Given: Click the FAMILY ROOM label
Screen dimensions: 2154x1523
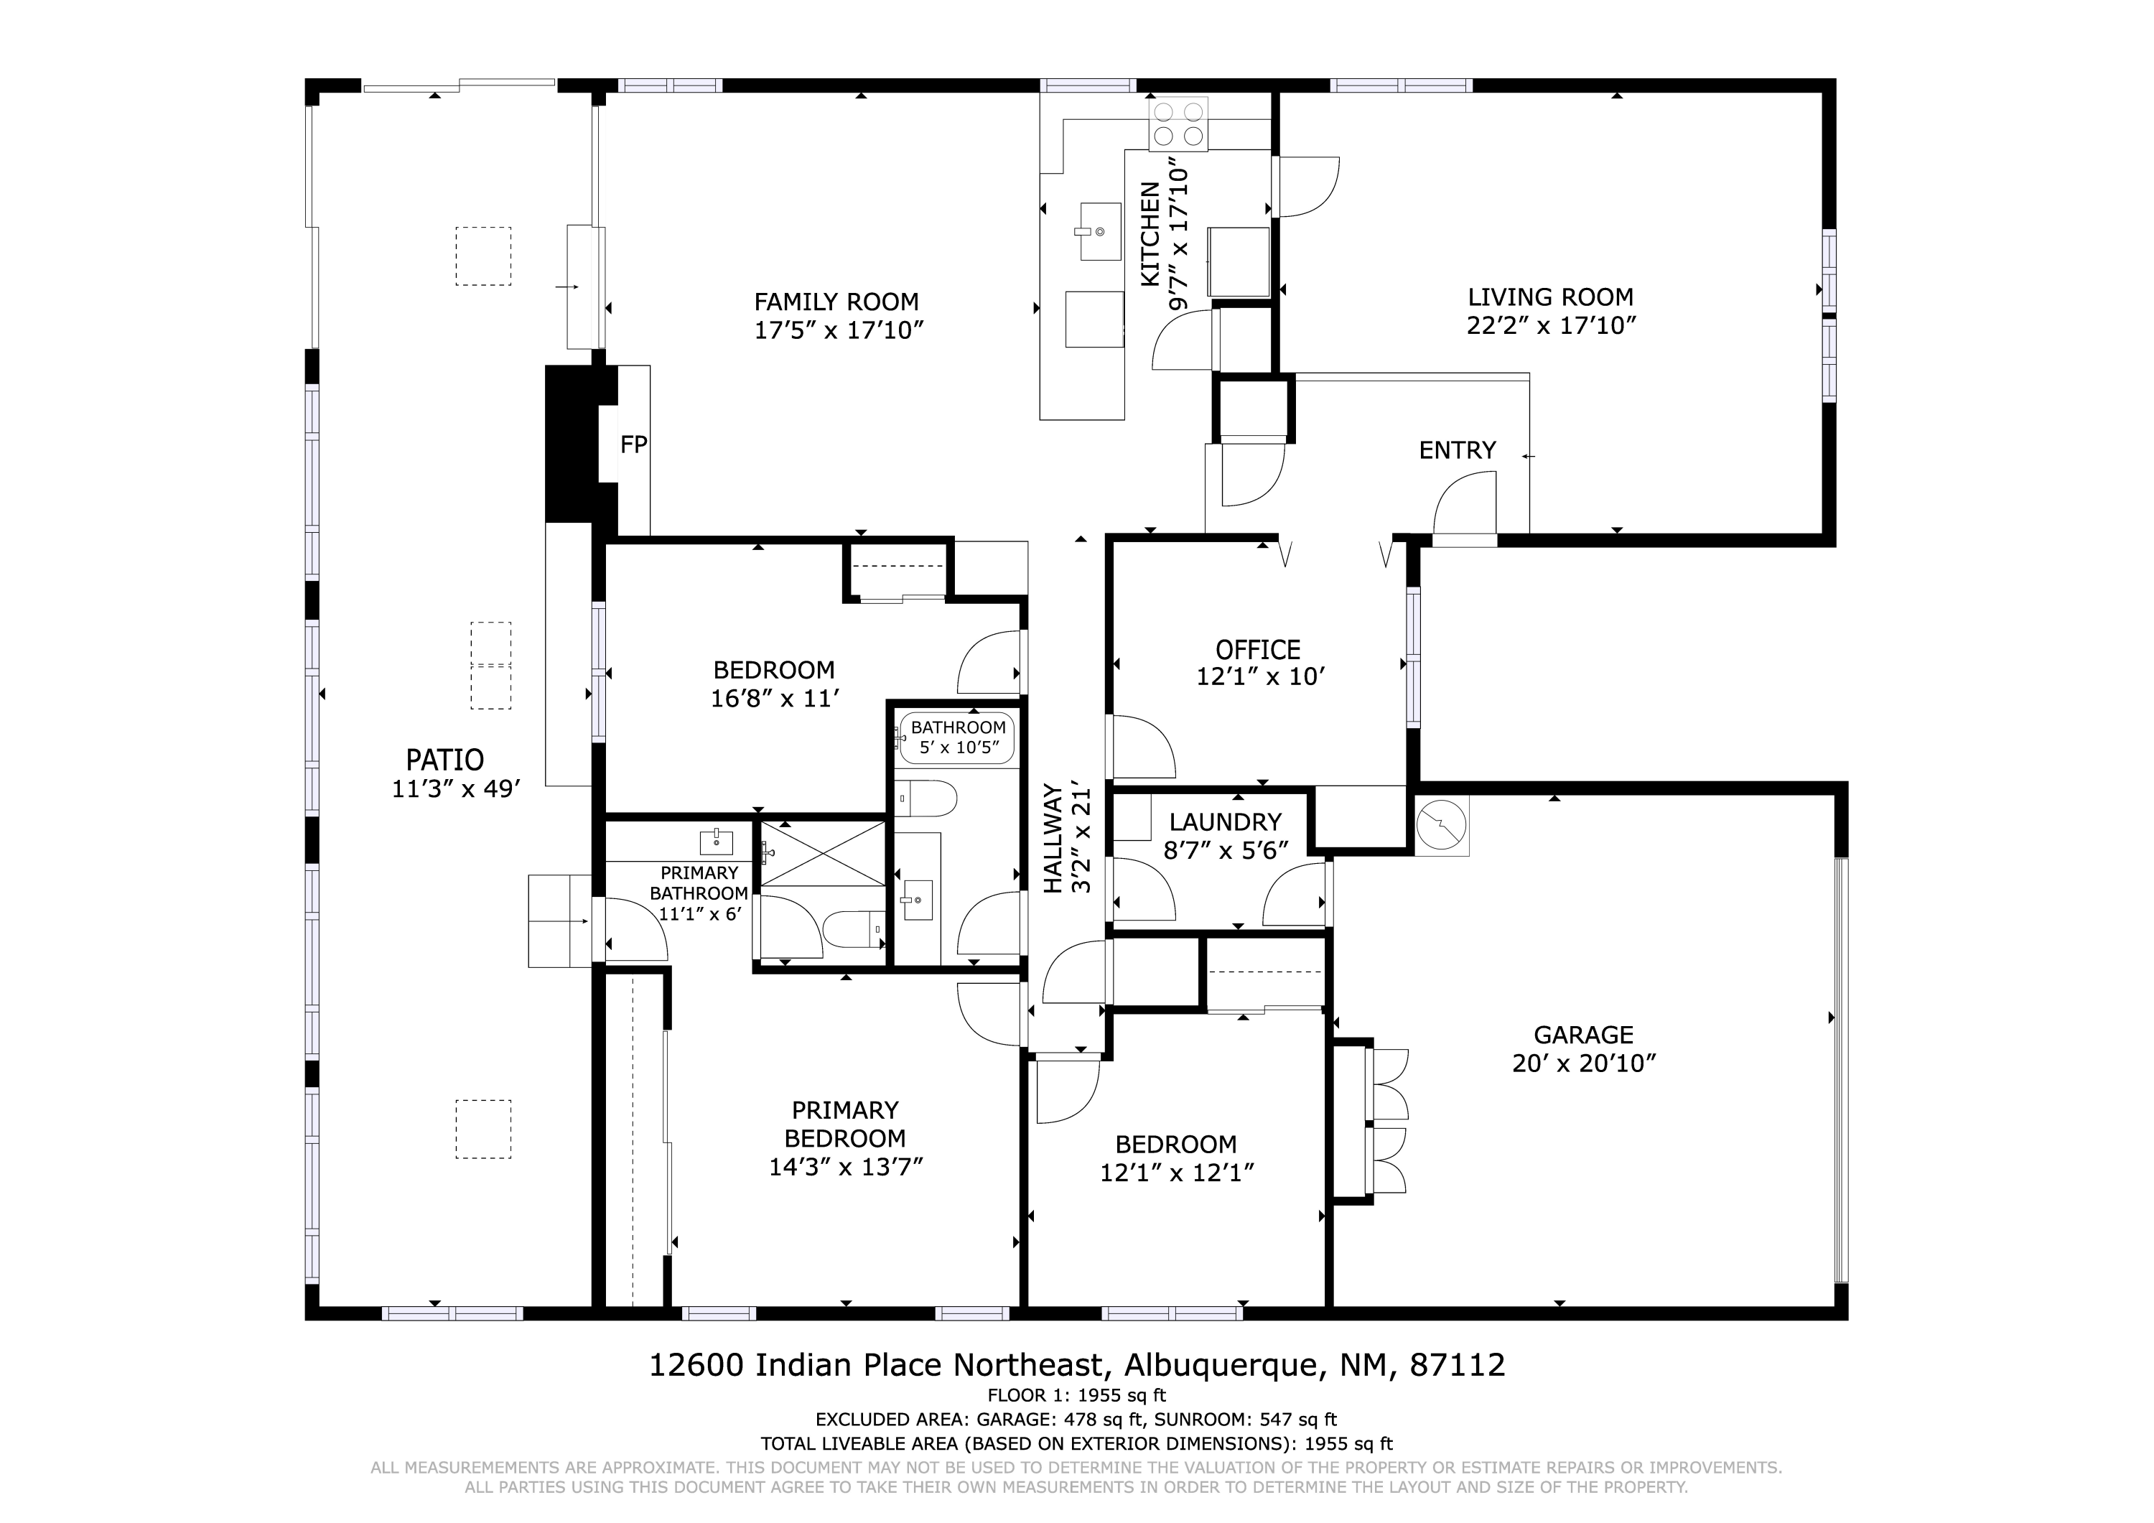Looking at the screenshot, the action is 836,302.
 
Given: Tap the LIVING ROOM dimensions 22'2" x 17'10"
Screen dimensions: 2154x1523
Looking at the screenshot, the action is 1551,325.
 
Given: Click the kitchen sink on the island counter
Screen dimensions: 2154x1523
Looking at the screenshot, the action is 1099,230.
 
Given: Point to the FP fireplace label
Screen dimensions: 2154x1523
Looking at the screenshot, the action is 634,444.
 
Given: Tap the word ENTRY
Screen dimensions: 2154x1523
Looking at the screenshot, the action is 1457,450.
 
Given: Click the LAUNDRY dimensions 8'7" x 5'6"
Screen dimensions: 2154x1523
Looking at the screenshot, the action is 1226,850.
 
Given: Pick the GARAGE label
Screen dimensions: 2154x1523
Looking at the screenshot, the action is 1584,1035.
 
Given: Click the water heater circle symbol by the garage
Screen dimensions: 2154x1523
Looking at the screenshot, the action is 1441,826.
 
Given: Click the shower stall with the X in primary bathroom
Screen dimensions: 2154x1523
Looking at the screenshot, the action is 822,853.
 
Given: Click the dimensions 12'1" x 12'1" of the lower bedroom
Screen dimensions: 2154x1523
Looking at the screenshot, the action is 1178,1173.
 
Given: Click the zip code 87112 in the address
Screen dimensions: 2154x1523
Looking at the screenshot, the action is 1458,1364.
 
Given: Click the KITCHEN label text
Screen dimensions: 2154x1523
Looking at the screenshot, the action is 1150,235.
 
